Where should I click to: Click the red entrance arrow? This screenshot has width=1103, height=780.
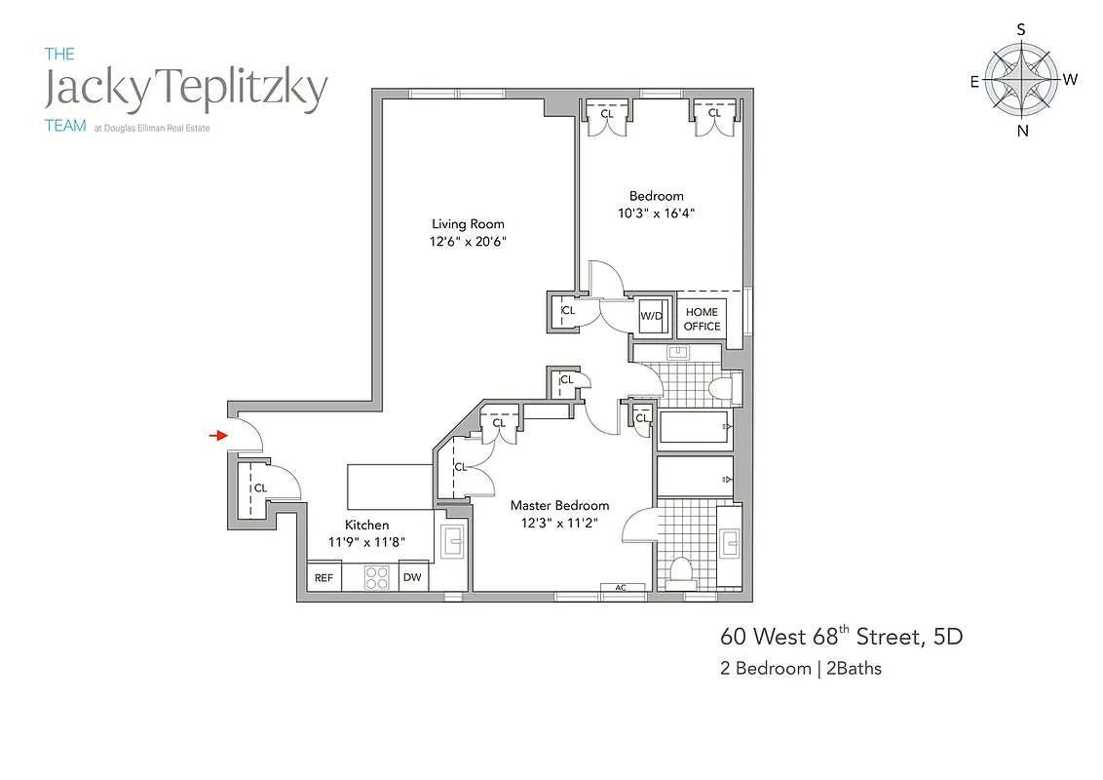click(x=218, y=436)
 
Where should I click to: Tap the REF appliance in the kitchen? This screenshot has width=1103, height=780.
click(x=323, y=578)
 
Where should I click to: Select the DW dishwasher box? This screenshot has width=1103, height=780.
click(x=412, y=578)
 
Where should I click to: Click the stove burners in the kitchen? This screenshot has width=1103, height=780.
click(x=376, y=578)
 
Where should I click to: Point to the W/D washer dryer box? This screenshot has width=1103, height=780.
click(x=650, y=315)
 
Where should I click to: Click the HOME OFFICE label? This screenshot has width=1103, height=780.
click(x=702, y=319)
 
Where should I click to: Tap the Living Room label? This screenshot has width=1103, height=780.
click(x=468, y=224)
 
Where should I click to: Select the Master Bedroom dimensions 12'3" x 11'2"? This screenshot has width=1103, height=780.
click(x=559, y=523)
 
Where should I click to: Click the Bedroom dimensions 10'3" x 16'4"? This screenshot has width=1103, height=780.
click(x=656, y=213)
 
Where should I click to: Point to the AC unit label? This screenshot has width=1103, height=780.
click(x=622, y=587)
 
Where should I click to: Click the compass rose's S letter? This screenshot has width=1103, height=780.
click(x=1021, y=29)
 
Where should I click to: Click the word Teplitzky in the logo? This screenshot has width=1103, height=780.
click(x=248, y=91)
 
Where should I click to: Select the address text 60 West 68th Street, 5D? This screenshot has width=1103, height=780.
click(x=841, y=638)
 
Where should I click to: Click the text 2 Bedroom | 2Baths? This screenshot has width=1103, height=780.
click(x=801, y=669)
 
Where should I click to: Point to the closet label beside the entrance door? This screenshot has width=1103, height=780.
click(x=260, y=488)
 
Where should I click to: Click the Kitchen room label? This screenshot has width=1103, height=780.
click(x=366, y=525)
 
